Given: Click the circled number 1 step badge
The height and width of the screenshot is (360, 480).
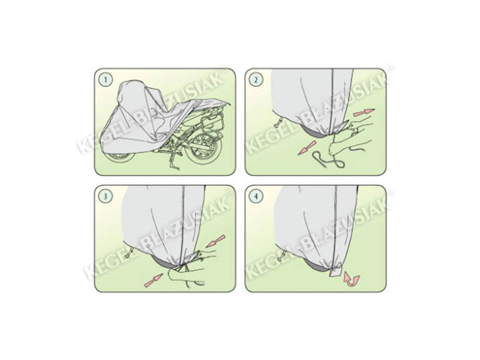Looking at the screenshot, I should pyautogui.click(x=105, y=79).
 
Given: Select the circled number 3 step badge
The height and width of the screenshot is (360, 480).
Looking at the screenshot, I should pyautogui.click(x=105, y=196).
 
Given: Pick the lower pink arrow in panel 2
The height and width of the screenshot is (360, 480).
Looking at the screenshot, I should pyautogui.click(x=307, y=148).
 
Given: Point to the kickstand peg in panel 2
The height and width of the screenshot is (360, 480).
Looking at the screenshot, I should pyautogui.click(x=279, y=125).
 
